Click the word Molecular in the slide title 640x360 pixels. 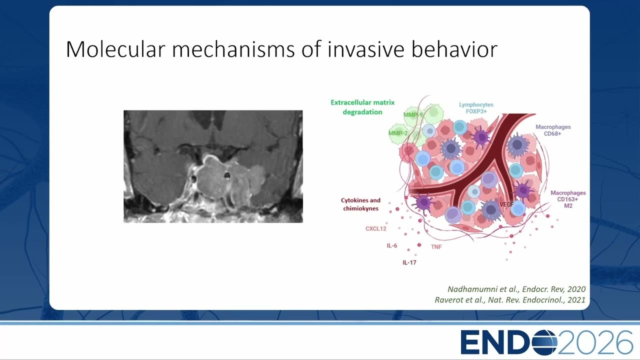coord(115,49)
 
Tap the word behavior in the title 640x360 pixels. coord(454,49)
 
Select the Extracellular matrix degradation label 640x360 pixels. coord(362,107)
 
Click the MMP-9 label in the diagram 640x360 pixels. coord(413,115)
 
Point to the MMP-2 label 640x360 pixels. coord(398,133)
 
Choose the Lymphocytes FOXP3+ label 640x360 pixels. coord(476,108)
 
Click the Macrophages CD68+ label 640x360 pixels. coord(553,130)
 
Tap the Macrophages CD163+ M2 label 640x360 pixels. coord(568,199)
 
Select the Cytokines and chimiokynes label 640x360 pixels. coord(360,204)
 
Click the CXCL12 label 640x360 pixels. coord(375,228)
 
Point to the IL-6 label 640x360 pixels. coord(391,245)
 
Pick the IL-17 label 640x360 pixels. coord(409,262)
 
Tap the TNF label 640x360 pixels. coord(436,246)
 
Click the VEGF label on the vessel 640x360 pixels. coord(506,204)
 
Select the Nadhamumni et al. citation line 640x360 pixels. coord(516,289)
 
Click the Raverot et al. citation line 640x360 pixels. coord(510,299)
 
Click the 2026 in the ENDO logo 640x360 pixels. coord(595,342)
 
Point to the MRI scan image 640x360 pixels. coord(213,166)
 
